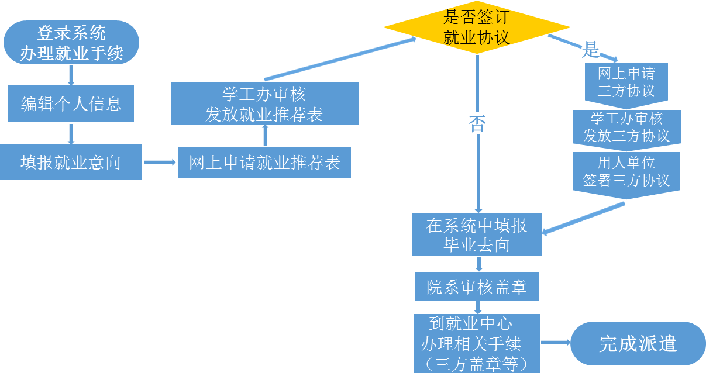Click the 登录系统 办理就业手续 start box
coord(71,43)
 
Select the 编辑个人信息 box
coord(71,104)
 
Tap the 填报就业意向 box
coord(71,162)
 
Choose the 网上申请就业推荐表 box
coord(264,162)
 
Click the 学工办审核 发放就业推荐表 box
coord(264,103)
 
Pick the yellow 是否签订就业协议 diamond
coord(477,27)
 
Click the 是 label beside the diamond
coord(590,50)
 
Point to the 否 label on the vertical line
coord(478,123)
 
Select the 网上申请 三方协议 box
coord(626,82)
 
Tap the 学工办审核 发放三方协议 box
coord(626,127)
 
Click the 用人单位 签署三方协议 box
coord(626,172)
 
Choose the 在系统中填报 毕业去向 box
coord(477,234)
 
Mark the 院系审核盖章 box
coord(477,287)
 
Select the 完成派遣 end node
coord(638,343)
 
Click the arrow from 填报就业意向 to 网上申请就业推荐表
coord(160,162)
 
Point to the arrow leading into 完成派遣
coord(555,343)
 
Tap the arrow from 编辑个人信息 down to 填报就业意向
coord(71,134)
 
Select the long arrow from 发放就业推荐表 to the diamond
coord(339,59)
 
